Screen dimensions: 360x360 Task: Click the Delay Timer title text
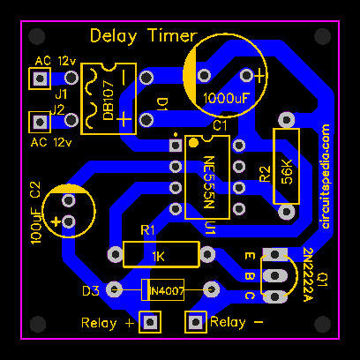(x=143, y=36)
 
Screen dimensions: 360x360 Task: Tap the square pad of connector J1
(x=40, y=79)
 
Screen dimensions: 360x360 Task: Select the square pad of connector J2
(x=40, y=122)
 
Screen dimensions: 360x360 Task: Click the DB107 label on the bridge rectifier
(x=109, y=105)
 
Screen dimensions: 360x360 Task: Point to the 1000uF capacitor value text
(x=226, y=99)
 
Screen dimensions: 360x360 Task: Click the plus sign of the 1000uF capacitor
(x=259, y=76)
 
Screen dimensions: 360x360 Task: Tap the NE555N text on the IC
(x=209, y=182)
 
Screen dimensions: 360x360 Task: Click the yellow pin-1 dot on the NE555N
(x=193, y=143)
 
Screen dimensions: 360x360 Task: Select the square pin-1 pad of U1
(x=176, y=146)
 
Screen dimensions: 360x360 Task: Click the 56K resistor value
(x=287, y=172)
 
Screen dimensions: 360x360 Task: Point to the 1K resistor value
(x=158, y=257)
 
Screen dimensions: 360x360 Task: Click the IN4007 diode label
(x=167, y=291)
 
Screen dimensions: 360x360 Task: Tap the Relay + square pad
(x=150, y=322)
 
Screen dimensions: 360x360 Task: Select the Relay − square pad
(x=195, y=322)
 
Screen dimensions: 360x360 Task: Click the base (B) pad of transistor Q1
(x=274, y=275)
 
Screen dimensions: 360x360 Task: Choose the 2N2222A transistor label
(x=308, y=274)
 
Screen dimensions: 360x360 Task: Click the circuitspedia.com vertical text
(x=325, y=176)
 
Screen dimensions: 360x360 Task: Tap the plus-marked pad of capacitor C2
(x=69, y=221)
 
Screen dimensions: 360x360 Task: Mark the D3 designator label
(x=91, y=291)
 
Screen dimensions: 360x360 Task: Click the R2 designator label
(x=265, y=174)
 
